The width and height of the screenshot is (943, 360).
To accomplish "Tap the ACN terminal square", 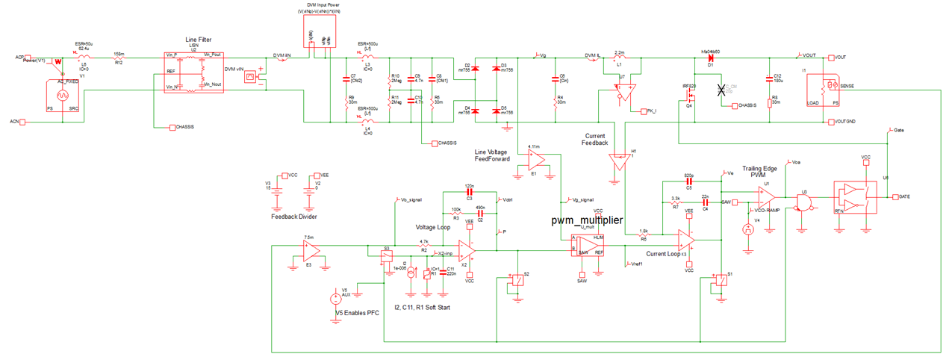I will click(x=23, y=121).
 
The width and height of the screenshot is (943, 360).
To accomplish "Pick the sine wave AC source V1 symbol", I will click(x=62, y=96).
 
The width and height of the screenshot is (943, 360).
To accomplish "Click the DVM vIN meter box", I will click(x=251, y=76).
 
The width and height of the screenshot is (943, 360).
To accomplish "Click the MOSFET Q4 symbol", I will click(x=691, y=95).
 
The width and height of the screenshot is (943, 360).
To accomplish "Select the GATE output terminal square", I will click(x=895, y=196).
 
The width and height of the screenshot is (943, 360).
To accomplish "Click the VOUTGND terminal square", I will click(x=830, y=121).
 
